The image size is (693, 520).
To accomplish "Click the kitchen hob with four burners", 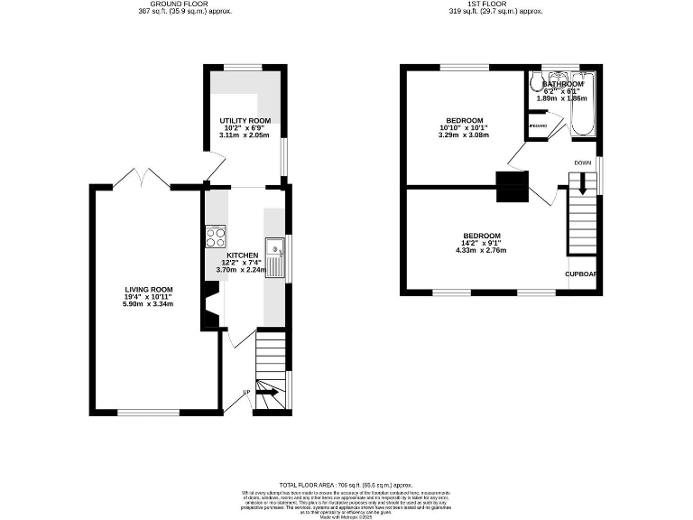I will (x=216, y=237).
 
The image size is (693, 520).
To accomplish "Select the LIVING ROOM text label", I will (x=149, y=289).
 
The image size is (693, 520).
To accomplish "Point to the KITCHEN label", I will (x=243, y=255).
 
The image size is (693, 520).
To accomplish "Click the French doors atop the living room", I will (x=142, y=179).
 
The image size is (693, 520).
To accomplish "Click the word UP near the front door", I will (x=246, y=392).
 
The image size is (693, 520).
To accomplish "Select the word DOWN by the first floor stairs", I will (x=583, y=162).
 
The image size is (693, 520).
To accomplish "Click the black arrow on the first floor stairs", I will (x=583, y=184).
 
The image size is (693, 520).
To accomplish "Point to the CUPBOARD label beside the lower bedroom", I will (x=581, y=274).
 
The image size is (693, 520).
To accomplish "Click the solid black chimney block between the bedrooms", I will (x=512, y=188).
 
